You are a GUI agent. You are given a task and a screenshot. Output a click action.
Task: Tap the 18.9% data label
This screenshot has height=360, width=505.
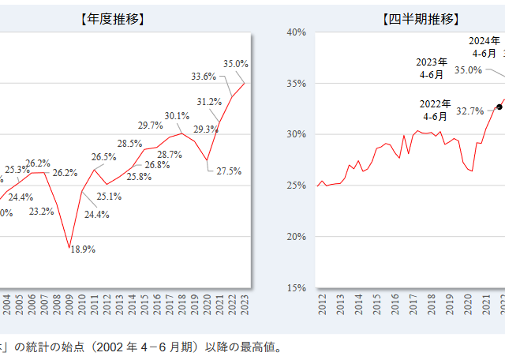pos(83,249)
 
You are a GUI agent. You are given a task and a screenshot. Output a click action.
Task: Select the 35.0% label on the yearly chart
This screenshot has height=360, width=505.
pos(236,63)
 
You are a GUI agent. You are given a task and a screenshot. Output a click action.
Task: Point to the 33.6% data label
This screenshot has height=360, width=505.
pos(204,77)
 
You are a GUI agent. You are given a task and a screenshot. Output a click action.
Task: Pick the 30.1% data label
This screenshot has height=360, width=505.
pos(177,116)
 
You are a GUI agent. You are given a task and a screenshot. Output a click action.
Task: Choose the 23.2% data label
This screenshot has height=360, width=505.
pos(42,211)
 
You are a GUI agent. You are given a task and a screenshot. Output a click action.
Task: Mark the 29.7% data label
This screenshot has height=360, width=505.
pos(150,125)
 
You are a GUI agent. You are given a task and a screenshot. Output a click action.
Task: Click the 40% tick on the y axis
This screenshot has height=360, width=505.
pos(296,32)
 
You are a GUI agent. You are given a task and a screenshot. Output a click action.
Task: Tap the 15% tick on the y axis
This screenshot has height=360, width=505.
pos(296,287)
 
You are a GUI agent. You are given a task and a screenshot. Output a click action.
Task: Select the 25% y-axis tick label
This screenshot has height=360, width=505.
pos(296,186)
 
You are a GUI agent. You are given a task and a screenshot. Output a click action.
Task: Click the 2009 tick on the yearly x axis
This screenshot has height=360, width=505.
pos(69,305)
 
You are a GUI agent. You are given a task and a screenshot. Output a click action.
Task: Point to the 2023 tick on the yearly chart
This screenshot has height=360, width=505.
pos(245,305)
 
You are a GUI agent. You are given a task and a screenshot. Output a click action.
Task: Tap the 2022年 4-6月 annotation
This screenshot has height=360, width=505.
pos(436,110)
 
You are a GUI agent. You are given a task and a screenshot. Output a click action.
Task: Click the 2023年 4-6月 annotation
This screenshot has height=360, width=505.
pos(432,67)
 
